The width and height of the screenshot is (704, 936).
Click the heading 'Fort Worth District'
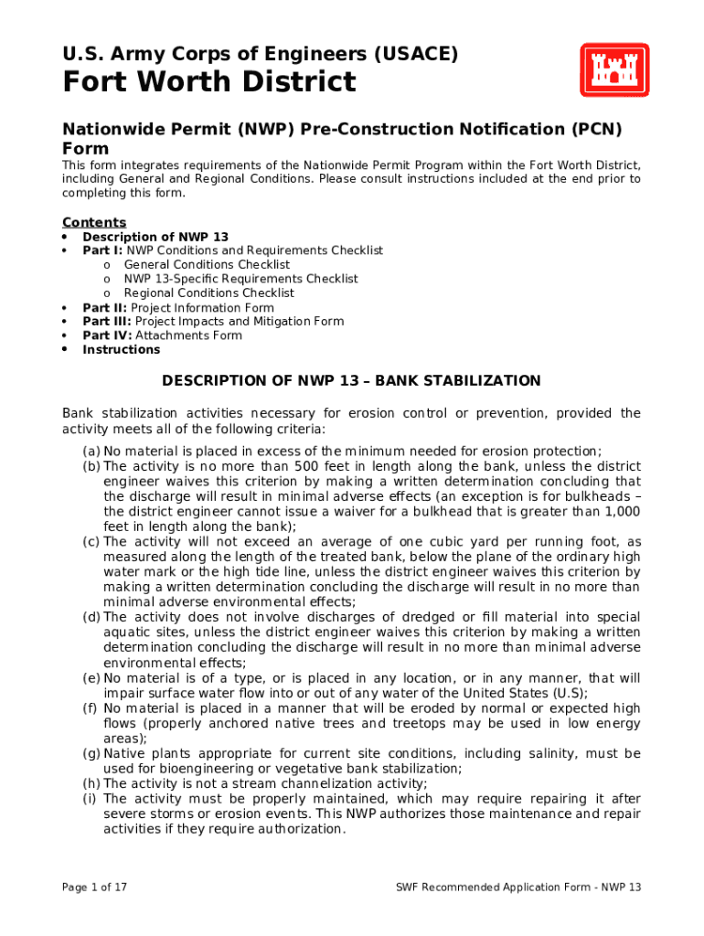[208, 83]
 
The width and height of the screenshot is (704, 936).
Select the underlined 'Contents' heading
[93, 223]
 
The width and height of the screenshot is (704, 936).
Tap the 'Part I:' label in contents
[102, 250]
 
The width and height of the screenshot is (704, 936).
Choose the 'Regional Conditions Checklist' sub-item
[208, 293]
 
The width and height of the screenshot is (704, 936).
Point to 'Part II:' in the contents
[104, 308]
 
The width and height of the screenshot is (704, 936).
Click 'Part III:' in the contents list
[106, 322]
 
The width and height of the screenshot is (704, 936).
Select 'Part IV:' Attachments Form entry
[106, 335]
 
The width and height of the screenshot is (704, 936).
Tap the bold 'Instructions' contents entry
[121, 350]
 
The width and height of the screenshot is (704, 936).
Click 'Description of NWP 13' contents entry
[155, 237]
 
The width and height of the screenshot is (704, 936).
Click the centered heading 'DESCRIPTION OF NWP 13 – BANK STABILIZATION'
[351, 381]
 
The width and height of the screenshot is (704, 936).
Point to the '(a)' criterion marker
[91, 452]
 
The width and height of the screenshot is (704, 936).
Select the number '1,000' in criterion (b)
[622, 512]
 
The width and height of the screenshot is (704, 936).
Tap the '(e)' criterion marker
[91, 678]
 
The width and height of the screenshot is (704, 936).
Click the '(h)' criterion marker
[91, 783]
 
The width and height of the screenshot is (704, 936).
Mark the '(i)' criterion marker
[90, 799]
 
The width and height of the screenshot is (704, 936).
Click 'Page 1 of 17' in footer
[94, 887]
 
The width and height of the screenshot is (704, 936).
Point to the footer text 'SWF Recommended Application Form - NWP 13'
[518, 887]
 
